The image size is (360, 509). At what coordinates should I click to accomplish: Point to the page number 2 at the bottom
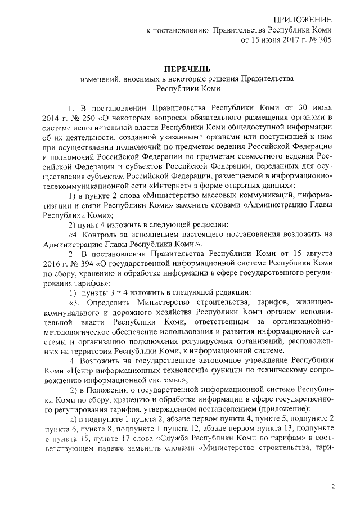[332, 486]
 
